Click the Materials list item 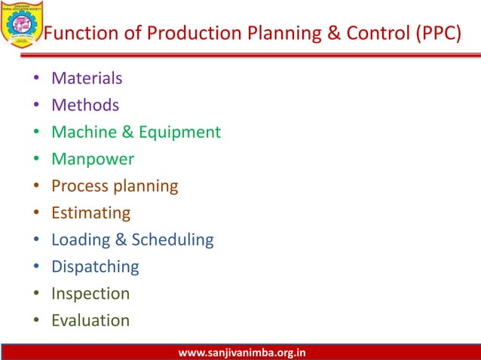click(87, 78)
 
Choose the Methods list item click(84, 105)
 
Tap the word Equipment click(179, 133)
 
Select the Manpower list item click(93, 160)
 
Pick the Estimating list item click(90, 213)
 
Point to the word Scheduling click(173, 240)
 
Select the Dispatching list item click(95, 267)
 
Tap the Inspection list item click(90, 294)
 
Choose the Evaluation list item click(90, 321)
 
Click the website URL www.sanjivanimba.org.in click(241, 352)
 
